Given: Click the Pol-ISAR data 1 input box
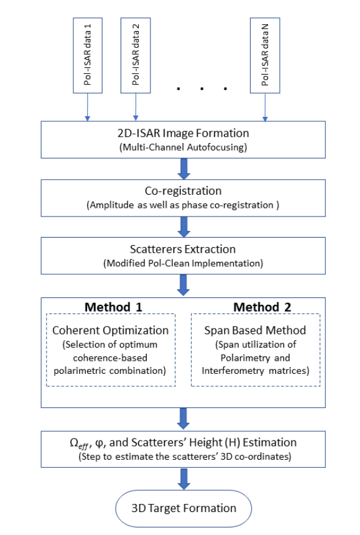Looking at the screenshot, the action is tap(88, 55).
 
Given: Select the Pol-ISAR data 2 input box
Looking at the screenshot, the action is tap(136, 55).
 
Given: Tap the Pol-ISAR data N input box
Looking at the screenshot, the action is tap(265, 55).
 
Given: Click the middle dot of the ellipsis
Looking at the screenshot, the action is tap(202, 89).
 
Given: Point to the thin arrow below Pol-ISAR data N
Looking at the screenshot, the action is tap(265, 107).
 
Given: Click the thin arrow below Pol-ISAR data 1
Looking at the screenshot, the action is tap(88, 107).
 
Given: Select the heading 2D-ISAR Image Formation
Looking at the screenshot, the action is tap(183, 133).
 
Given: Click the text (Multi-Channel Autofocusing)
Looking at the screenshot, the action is tap(183, 147).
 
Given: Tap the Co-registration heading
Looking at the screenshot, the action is tap(183, 191).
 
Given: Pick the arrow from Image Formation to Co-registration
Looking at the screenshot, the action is tap(184, 169).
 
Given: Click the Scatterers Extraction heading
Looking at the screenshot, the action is tap(183, 249).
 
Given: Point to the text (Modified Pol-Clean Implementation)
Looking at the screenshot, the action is tap(183, 263).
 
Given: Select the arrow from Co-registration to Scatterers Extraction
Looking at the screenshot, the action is tap(184, 227).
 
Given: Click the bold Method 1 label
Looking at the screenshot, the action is tap(113, 307).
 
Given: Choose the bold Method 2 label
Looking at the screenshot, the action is tap(262, 307).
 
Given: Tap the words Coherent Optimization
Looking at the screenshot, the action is tap(111, 330).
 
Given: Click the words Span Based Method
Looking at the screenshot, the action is tap(255, 330).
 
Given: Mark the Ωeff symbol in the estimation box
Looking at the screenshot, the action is tap(79, 443).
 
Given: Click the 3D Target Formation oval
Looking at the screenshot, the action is tap(183, 508).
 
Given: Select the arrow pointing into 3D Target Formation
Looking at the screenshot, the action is tap(184, 479).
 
